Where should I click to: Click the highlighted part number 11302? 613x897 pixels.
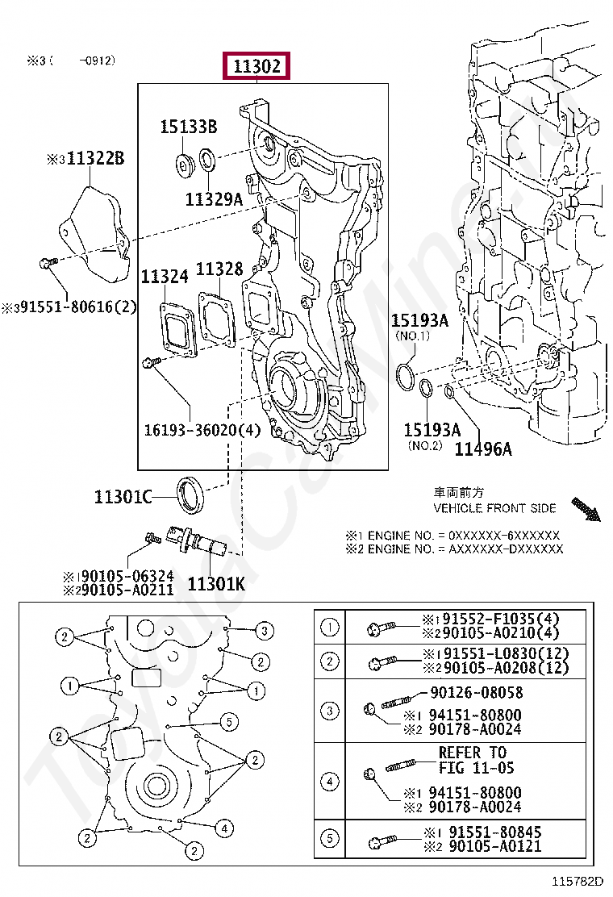click(257, 66)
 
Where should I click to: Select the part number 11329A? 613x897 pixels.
click(213, 198)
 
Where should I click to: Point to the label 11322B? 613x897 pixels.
click(95, 159)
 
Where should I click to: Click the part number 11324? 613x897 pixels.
click(165, 277)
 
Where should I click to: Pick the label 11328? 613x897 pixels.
click(219, 269)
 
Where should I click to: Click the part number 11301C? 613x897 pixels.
click(122, 497)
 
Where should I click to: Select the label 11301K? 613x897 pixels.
click(215, 582)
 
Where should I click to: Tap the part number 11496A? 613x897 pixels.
click(482, 449)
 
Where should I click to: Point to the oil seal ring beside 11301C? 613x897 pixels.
click(191, 494)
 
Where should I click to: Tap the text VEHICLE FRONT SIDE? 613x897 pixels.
click(494, 508)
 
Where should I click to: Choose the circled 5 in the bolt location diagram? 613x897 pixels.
click(228, 721)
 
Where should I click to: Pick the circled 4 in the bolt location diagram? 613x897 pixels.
click(224, 828)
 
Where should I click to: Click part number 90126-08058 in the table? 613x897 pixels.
click(476, 692)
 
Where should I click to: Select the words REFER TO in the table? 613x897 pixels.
click(473, 752)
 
